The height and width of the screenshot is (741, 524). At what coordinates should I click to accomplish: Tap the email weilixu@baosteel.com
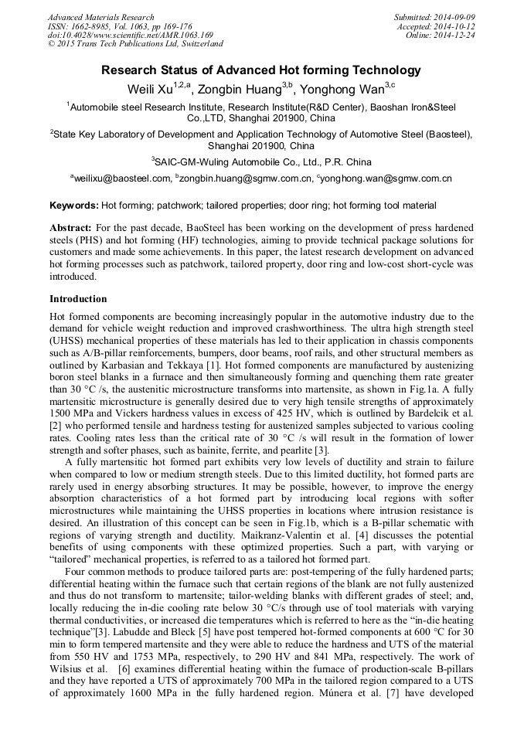122,178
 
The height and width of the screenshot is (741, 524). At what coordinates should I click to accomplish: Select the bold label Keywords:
74,206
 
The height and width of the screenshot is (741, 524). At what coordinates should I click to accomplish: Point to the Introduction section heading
78,298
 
